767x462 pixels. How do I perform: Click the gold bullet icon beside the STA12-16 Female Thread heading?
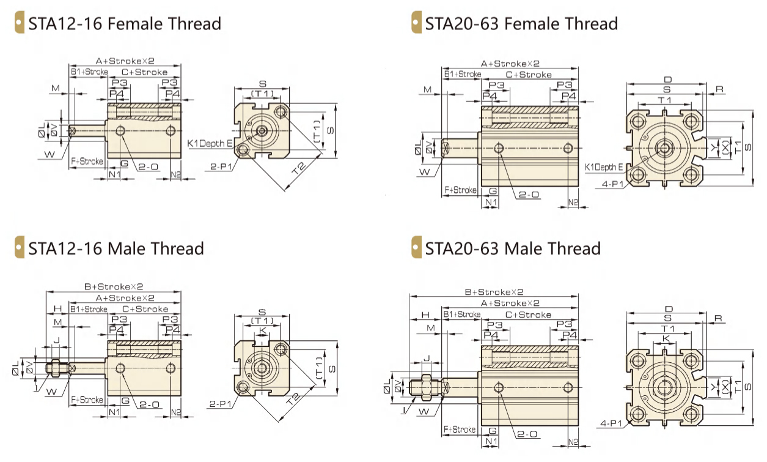tap(20, 22)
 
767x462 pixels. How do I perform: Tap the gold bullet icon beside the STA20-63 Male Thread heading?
tap(416, 247)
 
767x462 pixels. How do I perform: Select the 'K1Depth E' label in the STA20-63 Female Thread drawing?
tap(604, 167)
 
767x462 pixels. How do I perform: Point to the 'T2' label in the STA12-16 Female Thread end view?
tap(299, 168)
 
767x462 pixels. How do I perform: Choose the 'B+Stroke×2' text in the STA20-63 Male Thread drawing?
tap(494, 292)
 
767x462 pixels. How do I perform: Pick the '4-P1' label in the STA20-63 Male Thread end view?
tap(611, 423)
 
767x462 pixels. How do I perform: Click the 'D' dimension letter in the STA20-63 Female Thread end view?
tap(668, 80)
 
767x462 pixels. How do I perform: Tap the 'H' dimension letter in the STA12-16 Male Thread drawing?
tap(58, 309)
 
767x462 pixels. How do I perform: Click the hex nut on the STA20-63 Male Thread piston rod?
tap(427, 387)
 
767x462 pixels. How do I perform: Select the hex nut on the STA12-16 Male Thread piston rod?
tap(56, 368)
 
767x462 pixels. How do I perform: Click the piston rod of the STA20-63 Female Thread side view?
tap(460, 148)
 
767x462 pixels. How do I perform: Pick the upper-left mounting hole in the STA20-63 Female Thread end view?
tap(638, 121)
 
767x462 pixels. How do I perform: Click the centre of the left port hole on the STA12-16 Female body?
tap(120, 130)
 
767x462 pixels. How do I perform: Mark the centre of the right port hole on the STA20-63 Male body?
tap(568, 388)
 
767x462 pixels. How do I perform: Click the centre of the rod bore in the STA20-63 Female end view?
tap(664, 148)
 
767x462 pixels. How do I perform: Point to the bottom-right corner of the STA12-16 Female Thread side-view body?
tap(181, 158)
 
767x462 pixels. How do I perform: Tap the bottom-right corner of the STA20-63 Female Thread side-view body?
tap(578, 186)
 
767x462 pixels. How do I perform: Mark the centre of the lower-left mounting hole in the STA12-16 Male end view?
tap(243, 387)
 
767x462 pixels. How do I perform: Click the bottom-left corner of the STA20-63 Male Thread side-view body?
tap(482, 426)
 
